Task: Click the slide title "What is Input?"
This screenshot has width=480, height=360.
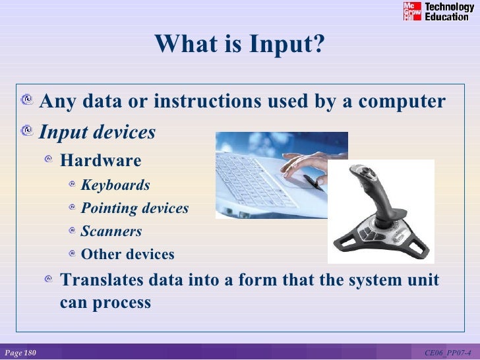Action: tap(240, 45)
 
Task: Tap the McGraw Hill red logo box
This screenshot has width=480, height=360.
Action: tap(411, 11)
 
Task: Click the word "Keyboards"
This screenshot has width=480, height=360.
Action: tap(115, 185)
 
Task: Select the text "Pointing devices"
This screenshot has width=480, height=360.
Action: tap(135, 208)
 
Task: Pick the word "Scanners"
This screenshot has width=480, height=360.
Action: tap(111, 231)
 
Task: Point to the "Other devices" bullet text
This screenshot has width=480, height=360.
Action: tap(127, 255)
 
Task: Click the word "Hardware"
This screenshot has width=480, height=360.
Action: tap(100, 161)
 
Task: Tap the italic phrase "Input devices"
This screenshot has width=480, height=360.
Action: tap(98, 133)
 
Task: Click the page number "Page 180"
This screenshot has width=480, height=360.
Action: tap(20, 353)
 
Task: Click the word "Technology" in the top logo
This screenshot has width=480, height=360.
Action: tap(449, 7)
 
